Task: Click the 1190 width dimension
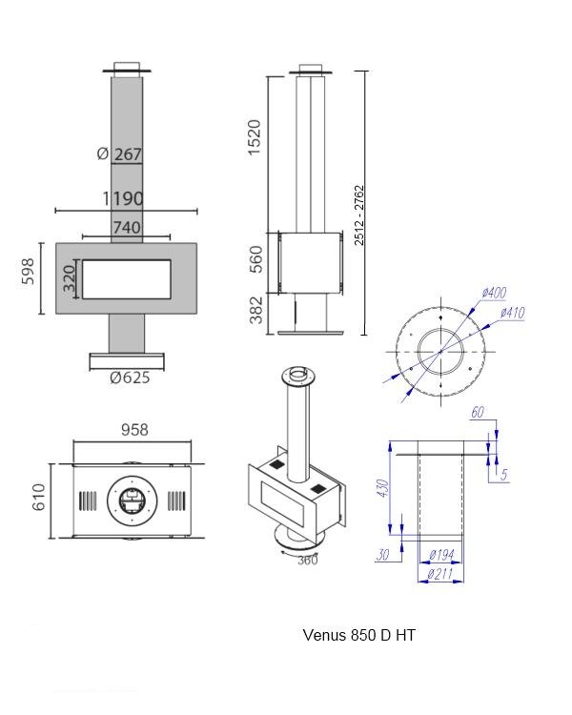(124, 199)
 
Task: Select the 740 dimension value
(127, 227)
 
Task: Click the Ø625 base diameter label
(130, 378)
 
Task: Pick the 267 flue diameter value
(128, 154)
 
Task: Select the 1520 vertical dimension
(254, 138)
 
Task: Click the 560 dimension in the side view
(254, 259)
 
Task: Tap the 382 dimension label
(254, 310)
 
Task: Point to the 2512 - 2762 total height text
(359, 214)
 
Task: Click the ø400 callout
(494, 294)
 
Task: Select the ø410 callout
(511, 313)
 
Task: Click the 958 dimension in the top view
(134, 430)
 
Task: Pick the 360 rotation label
(307, 561)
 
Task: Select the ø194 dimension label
(442, 556)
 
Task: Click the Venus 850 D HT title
(359, 635)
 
